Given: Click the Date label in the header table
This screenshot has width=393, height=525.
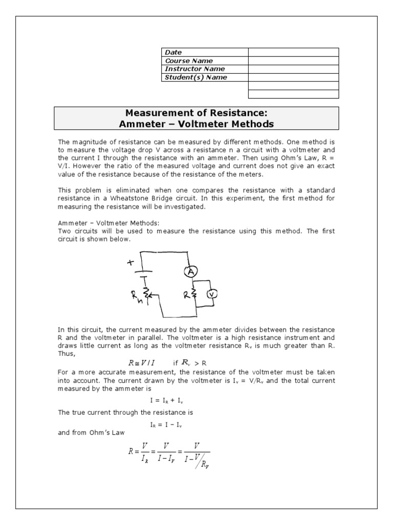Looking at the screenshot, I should coord(173,52).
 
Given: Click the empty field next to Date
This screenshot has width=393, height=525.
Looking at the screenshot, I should coord(293,52).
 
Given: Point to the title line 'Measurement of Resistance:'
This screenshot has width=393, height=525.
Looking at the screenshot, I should coord(196,113).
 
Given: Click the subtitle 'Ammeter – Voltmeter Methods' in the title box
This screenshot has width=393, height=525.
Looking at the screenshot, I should coord(196,124).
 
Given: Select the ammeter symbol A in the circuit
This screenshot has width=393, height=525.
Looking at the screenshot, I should coord(191,272).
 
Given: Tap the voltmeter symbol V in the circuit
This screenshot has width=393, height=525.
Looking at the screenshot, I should coord(212,294).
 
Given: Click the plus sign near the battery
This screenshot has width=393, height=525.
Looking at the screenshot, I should coord(130,262).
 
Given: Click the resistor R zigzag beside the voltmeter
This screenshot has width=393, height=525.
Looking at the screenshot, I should coord(194,294).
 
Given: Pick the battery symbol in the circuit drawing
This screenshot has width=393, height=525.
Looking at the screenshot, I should coord(146,272).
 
